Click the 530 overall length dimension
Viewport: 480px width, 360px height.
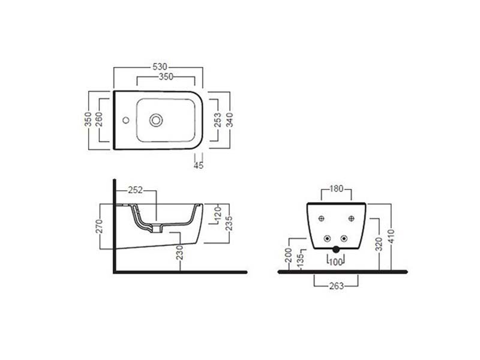(160, 67)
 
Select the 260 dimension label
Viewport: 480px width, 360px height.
(99, 119)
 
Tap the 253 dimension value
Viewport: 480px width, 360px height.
(217, 120)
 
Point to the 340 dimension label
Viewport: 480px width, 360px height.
(230, 120)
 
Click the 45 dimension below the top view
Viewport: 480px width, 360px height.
(199, 166)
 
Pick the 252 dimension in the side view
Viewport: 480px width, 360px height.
(136, 190)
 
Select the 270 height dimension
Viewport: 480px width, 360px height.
(99, 226)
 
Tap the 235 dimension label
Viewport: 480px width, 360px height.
(229, 223)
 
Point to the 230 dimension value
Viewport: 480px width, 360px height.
(179, 253)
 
